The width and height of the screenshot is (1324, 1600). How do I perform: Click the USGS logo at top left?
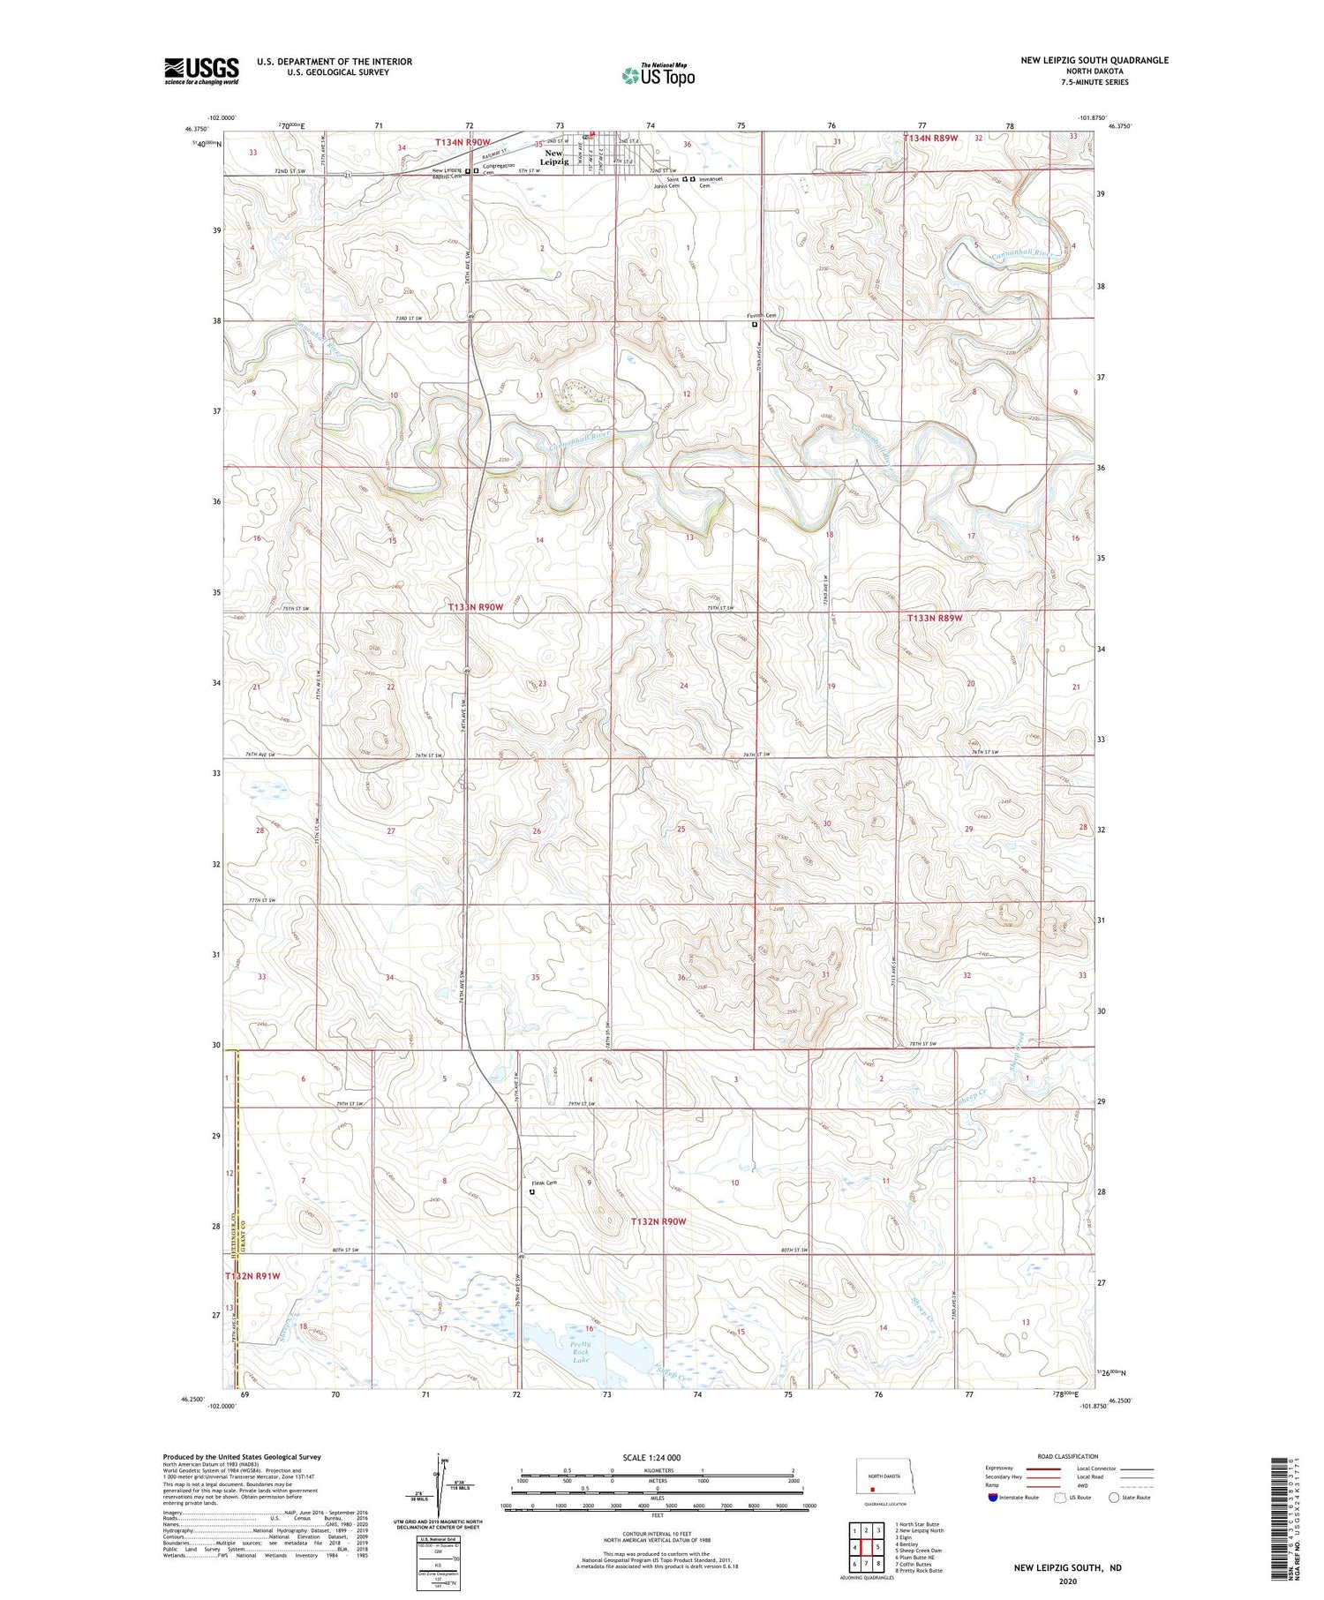coord(201,71)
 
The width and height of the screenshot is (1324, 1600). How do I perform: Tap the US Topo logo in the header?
coord(658,76)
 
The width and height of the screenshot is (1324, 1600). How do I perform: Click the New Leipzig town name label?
coord(553,157)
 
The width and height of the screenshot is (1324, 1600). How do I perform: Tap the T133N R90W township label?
coord(475,607)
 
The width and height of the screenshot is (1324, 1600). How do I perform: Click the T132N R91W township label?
coord(252,1276)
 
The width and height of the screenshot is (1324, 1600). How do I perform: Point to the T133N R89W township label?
coord(934,619)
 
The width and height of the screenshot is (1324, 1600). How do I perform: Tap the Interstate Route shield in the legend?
coord(993,1498)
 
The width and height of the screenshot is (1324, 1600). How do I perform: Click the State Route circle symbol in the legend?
coord(1114,1498)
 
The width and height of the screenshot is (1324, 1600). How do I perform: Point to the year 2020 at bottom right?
coord(1068,1581)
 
